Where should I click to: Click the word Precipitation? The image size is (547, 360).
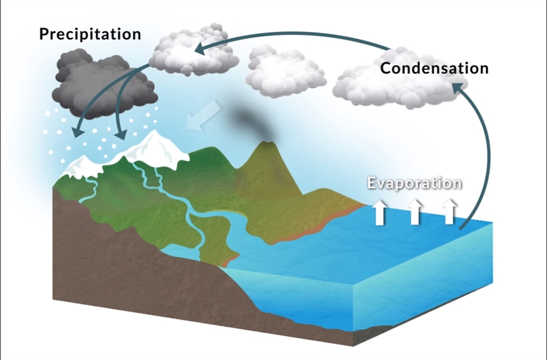[89, 34]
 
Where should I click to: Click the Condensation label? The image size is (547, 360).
[434, 68]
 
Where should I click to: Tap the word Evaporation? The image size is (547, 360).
[414, 183]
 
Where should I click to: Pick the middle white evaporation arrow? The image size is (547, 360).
[414, 212]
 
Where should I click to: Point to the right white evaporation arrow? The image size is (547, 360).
[449, 212]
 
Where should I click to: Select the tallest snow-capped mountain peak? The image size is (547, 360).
[152, 140]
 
